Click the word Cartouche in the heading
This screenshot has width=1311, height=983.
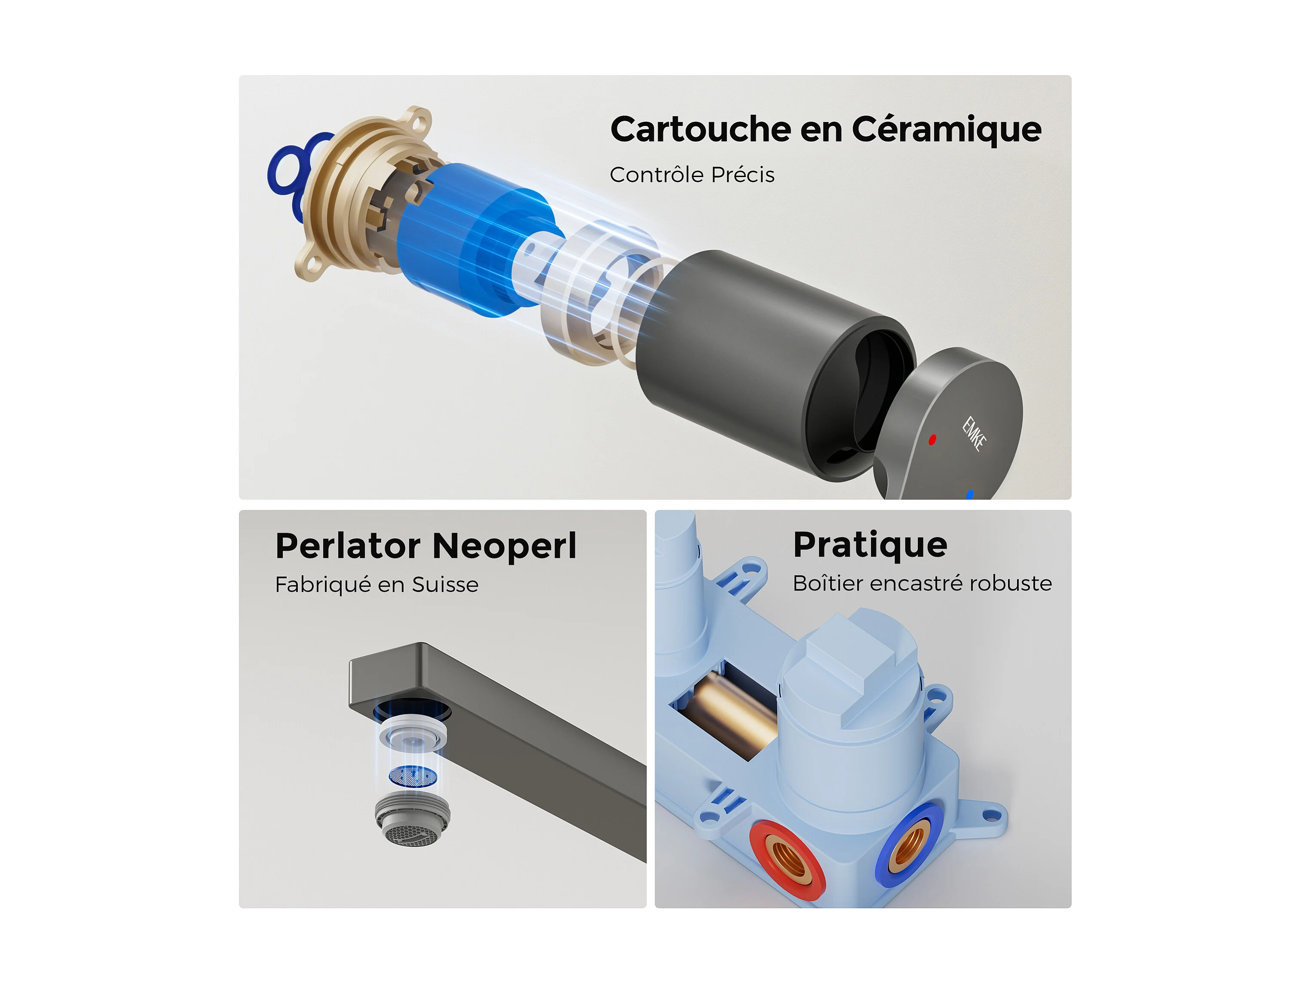click(x=701, y=129)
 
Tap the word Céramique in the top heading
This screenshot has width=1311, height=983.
click(x=946, y=129)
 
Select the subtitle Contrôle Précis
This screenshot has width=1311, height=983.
click(x=692, y=175)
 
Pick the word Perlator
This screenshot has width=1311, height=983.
click(x=348, y=546)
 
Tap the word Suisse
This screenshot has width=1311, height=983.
click(x=445, y=585)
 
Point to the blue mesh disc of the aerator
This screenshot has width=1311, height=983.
click(x=413, y=776)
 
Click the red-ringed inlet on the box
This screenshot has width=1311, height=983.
click(x=787, y=861)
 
